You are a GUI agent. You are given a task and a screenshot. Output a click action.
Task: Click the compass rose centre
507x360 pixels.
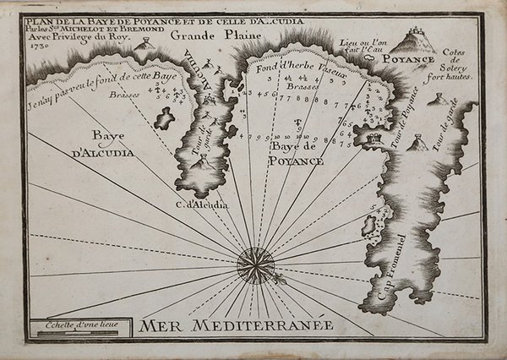pos(251,262)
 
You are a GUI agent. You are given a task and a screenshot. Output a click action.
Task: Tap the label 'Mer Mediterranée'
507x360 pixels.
pos(237,325)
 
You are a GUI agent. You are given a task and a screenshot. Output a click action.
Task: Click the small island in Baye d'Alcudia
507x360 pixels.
pos(164,119)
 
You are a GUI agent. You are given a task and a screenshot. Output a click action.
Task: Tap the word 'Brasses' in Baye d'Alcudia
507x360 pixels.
pos(125,95)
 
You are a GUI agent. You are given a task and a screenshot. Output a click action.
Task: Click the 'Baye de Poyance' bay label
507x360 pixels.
pos(297,154)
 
